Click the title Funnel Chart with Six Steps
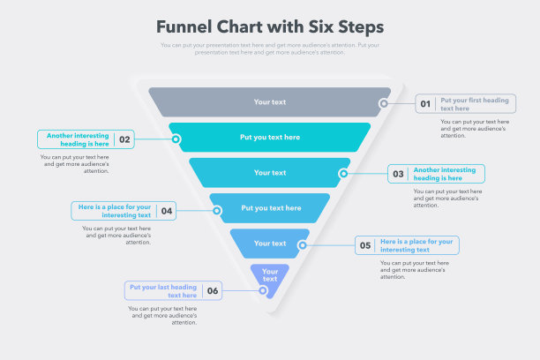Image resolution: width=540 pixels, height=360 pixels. (x=270, y=26)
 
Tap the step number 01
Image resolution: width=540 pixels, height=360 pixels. (x=425, y=104)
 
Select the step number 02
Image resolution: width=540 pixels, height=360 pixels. (x=125, y=139)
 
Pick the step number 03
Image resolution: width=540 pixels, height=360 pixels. (x=399, y=174)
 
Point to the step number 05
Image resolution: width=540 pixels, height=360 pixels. (x=364, y=246)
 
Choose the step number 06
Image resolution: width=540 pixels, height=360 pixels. (x=212, y=290)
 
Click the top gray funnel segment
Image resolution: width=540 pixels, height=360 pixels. (x=269, y=102)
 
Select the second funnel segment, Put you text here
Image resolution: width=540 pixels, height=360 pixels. (x=270, y=138)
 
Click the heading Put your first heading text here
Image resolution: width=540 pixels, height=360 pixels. (x=475, y=104)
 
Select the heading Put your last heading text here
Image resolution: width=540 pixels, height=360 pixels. (x=163, y=290)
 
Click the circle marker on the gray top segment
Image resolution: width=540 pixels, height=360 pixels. (x=384, y=103)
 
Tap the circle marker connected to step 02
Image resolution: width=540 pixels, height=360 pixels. (x=176, y=139)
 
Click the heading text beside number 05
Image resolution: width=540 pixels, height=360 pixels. (x=416, y=245)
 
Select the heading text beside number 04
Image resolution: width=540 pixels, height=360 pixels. (x=115, y=211)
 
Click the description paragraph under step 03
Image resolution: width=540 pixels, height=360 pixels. (x=447, y=199)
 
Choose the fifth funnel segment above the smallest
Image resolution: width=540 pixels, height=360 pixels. (x=270, y=244)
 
